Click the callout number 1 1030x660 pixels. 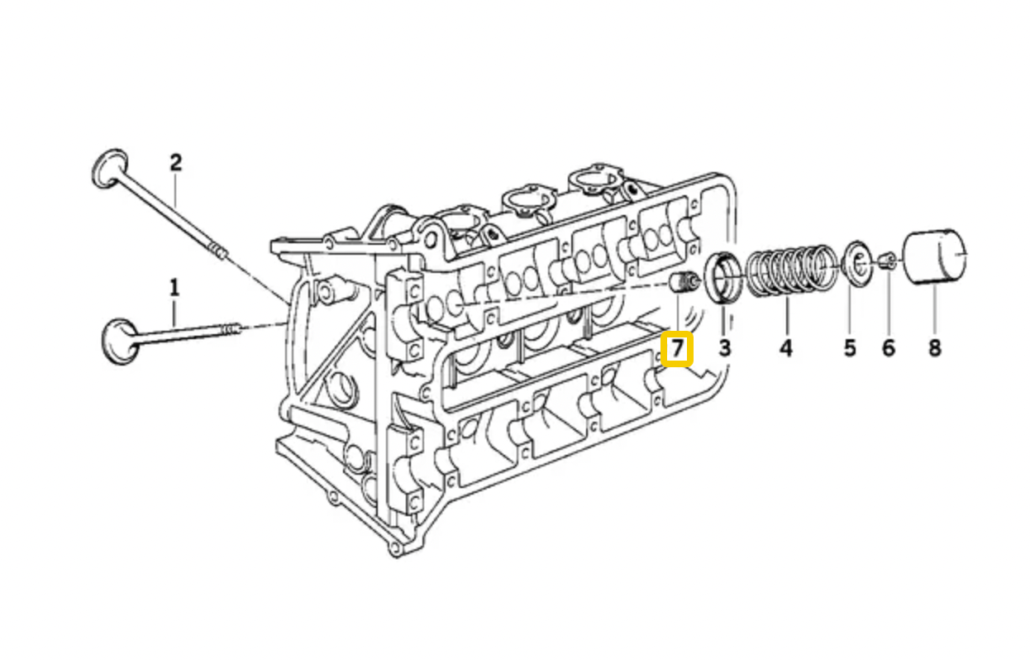174,288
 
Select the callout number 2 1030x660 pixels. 175,163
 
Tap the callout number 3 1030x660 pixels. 725,348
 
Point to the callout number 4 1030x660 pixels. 786,348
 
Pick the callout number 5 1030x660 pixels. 850,348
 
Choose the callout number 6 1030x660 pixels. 889,348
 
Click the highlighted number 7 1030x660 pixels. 677,349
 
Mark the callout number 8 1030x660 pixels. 935,348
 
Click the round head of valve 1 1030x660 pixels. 120,342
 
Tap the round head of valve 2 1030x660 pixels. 110,168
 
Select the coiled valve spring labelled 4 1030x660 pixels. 791,270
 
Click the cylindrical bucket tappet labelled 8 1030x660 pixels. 935,256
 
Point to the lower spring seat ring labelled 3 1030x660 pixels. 722,278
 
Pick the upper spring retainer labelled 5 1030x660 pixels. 856,264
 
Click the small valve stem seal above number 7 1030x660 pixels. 684,282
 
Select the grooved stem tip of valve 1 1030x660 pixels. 231,329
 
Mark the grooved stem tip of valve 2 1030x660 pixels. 218,251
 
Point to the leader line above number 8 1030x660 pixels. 935,311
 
